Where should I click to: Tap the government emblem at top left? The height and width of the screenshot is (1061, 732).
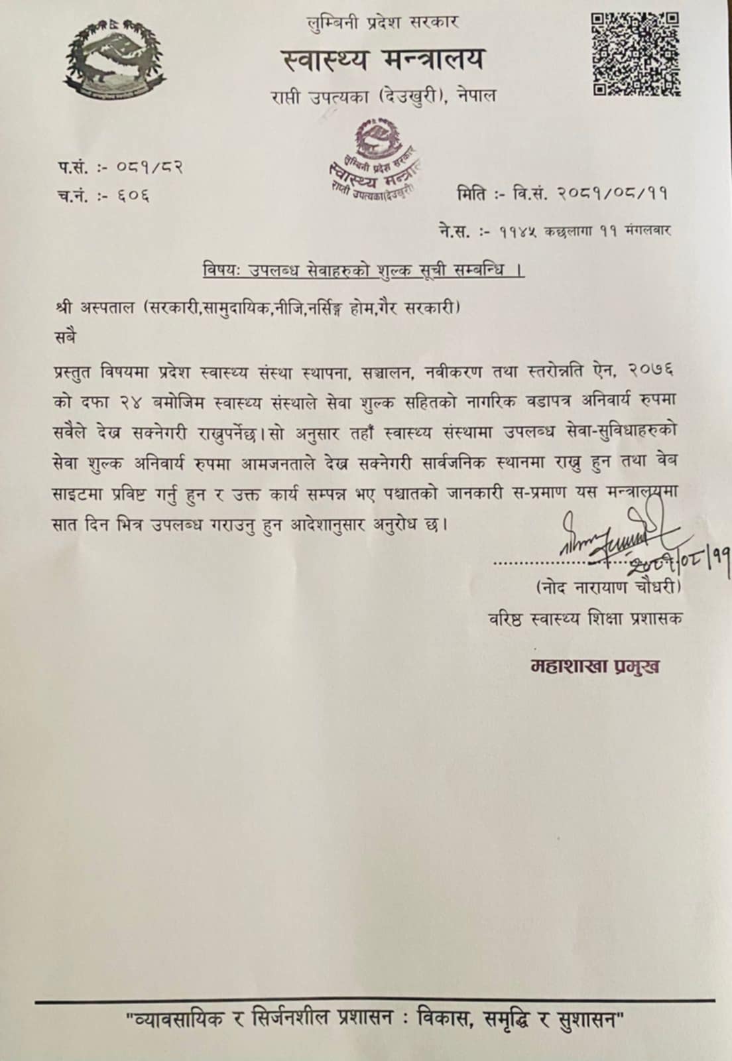pyautogui.click(x=115, y=60)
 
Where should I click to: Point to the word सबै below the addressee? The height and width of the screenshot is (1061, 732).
pyautogui.click(x=66, y=336)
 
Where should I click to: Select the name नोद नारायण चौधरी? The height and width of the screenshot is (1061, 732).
pyautogui.click(x=607, y=588)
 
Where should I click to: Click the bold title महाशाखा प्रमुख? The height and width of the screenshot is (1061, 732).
pyautogui.click(x=595, y=666)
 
